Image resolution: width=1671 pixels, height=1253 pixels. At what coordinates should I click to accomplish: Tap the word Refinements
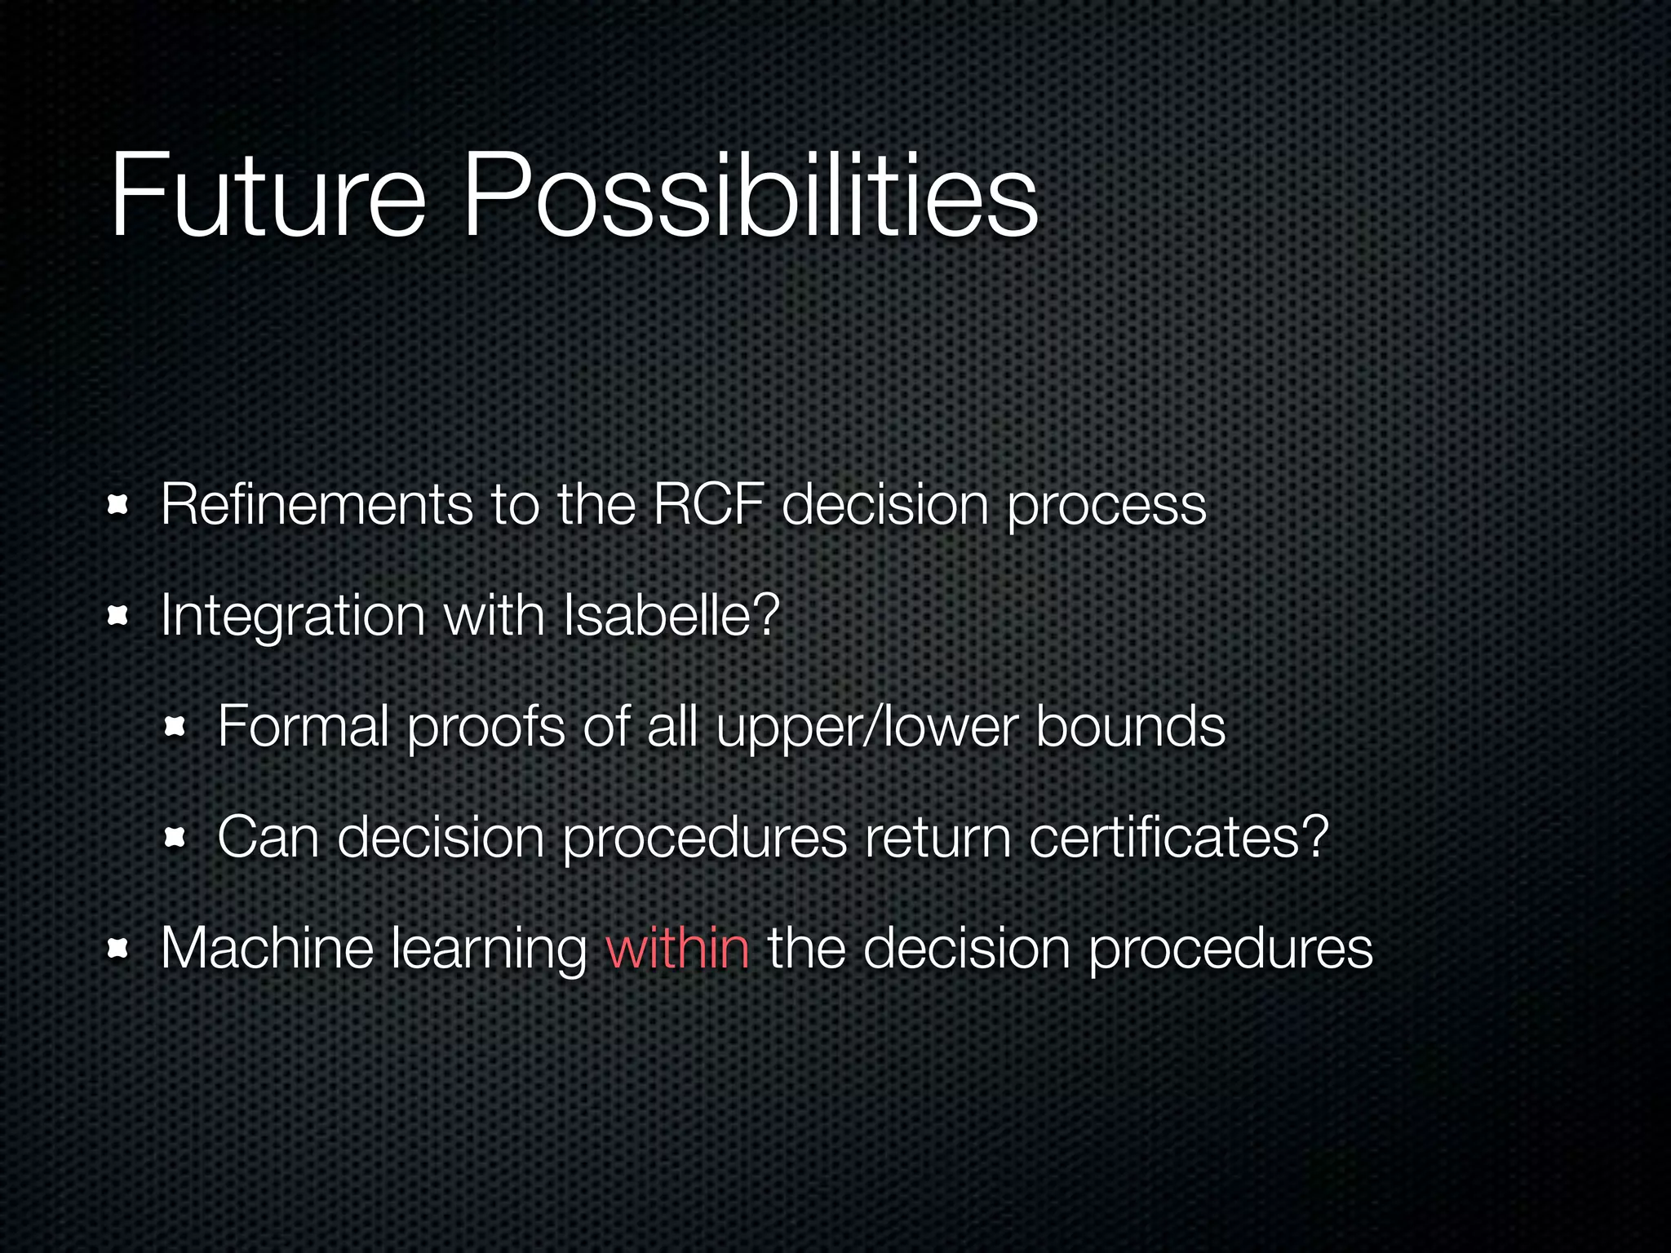click(317, 504)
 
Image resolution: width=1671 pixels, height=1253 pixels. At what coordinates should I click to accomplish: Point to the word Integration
click(293, 617)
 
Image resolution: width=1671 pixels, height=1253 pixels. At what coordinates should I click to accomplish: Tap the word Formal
click(303, 726)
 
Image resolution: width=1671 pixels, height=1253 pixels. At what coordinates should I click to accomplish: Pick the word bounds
click(1130, 726)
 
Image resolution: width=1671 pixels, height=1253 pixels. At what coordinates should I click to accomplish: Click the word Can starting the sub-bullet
click(268, 837)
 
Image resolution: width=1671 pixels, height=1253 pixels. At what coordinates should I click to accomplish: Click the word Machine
click(267, 948)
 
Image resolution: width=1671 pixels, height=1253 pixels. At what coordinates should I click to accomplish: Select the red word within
click(677, 948)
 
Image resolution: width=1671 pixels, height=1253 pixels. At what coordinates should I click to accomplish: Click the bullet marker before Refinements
click(118, 506)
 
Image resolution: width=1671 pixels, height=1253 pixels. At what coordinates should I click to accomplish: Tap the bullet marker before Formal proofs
click(175, 727)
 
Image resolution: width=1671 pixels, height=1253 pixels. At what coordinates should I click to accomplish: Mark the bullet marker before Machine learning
click(118, 948)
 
